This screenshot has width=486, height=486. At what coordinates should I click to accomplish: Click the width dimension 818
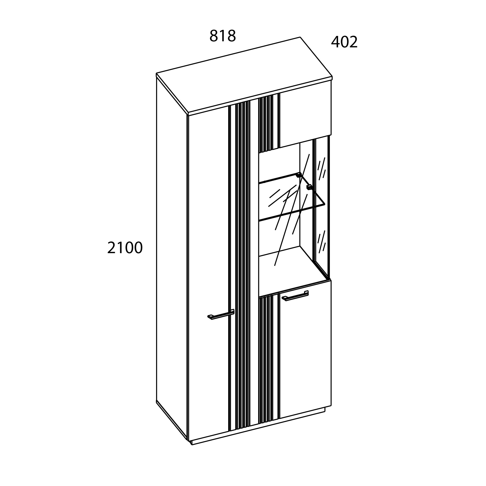[223, 36]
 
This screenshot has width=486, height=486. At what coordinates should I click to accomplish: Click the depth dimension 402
[344, 42]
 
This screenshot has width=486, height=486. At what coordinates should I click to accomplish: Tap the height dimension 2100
[125, 248]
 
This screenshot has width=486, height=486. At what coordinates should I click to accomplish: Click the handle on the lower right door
[295, 296]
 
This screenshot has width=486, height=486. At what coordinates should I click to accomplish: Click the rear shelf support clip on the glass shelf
[299, 175]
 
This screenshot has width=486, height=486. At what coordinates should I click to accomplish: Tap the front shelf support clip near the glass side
[309, 187]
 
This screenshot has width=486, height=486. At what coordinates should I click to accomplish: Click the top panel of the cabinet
[244, 75]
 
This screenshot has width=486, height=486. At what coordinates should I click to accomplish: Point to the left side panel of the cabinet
[171, 252]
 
